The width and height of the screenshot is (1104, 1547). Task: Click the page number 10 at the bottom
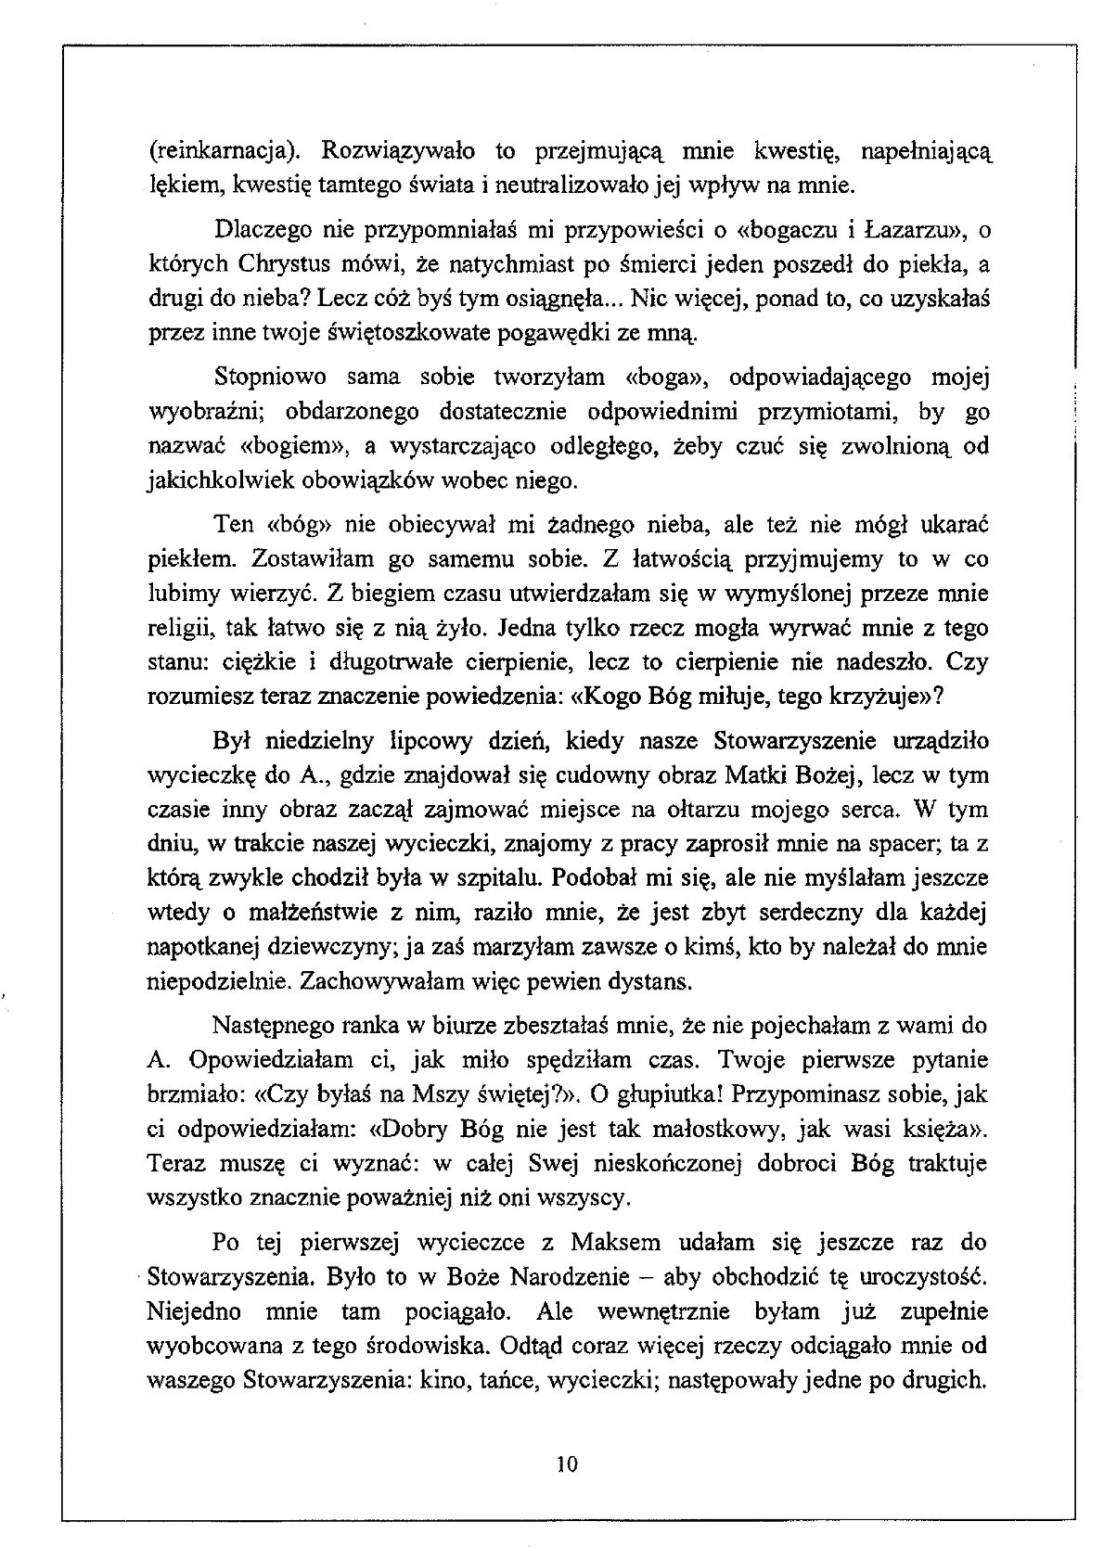coord(568,1464)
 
